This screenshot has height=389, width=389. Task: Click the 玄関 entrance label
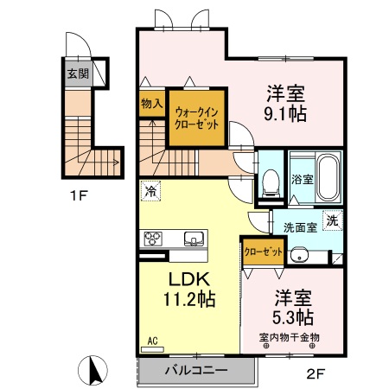coord(78,73)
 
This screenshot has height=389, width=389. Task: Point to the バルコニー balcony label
coord(196,370)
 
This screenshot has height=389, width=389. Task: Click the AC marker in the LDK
coord(152,341)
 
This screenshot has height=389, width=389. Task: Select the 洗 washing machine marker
coord(331,220)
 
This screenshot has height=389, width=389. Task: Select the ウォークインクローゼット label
coord(197,118)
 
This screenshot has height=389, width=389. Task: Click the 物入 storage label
coord(151,104)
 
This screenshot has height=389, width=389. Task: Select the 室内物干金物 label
coord(289,337)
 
